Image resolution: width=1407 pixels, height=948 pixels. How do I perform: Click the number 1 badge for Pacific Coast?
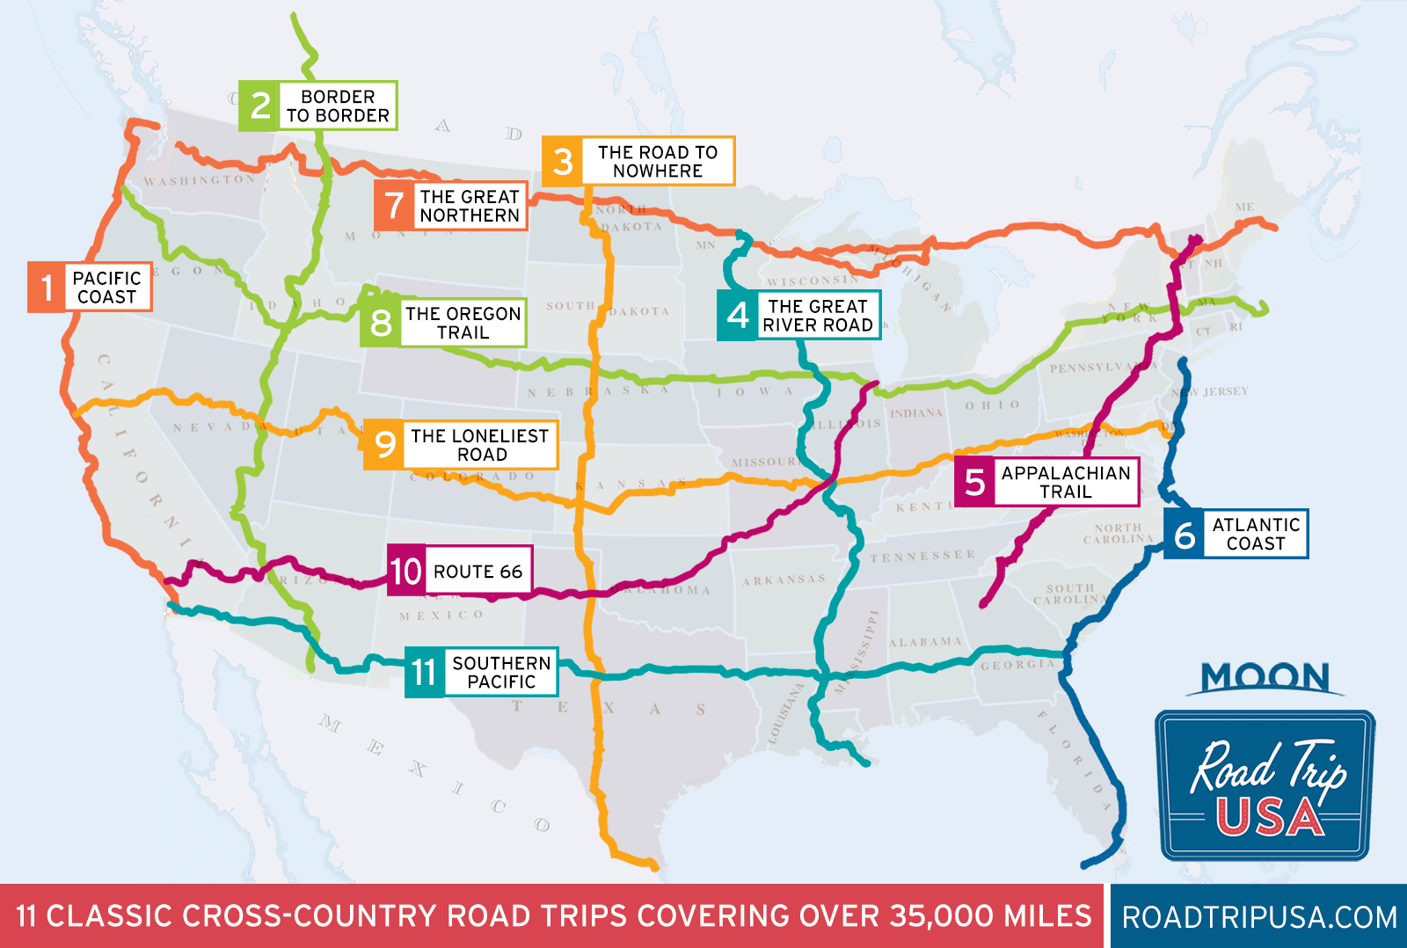46,287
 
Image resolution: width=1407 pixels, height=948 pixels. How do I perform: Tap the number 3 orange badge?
563,161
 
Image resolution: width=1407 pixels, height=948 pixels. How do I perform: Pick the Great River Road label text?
818,316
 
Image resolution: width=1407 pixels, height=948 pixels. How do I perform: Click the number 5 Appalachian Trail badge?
974,482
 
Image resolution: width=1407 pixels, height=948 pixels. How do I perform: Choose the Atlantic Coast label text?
1256,534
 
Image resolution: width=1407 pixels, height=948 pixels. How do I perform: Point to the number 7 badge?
394,206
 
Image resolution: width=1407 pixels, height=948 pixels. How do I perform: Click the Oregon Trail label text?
463,323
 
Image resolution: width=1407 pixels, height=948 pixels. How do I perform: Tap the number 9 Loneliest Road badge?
384,445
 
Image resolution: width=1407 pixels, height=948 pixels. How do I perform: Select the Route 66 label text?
478,572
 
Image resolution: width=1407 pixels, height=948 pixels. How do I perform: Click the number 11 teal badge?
424,673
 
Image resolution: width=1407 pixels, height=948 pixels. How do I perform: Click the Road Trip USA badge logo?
1265,784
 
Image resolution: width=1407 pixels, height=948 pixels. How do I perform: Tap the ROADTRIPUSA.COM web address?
1259,916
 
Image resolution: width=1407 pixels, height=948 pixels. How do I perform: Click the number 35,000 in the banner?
940,916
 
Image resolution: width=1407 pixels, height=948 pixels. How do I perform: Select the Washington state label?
200,180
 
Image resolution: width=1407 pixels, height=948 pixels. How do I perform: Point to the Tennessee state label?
922,556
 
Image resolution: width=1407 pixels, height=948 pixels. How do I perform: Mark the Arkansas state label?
784,580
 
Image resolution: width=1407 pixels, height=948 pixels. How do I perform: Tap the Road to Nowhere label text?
658,161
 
